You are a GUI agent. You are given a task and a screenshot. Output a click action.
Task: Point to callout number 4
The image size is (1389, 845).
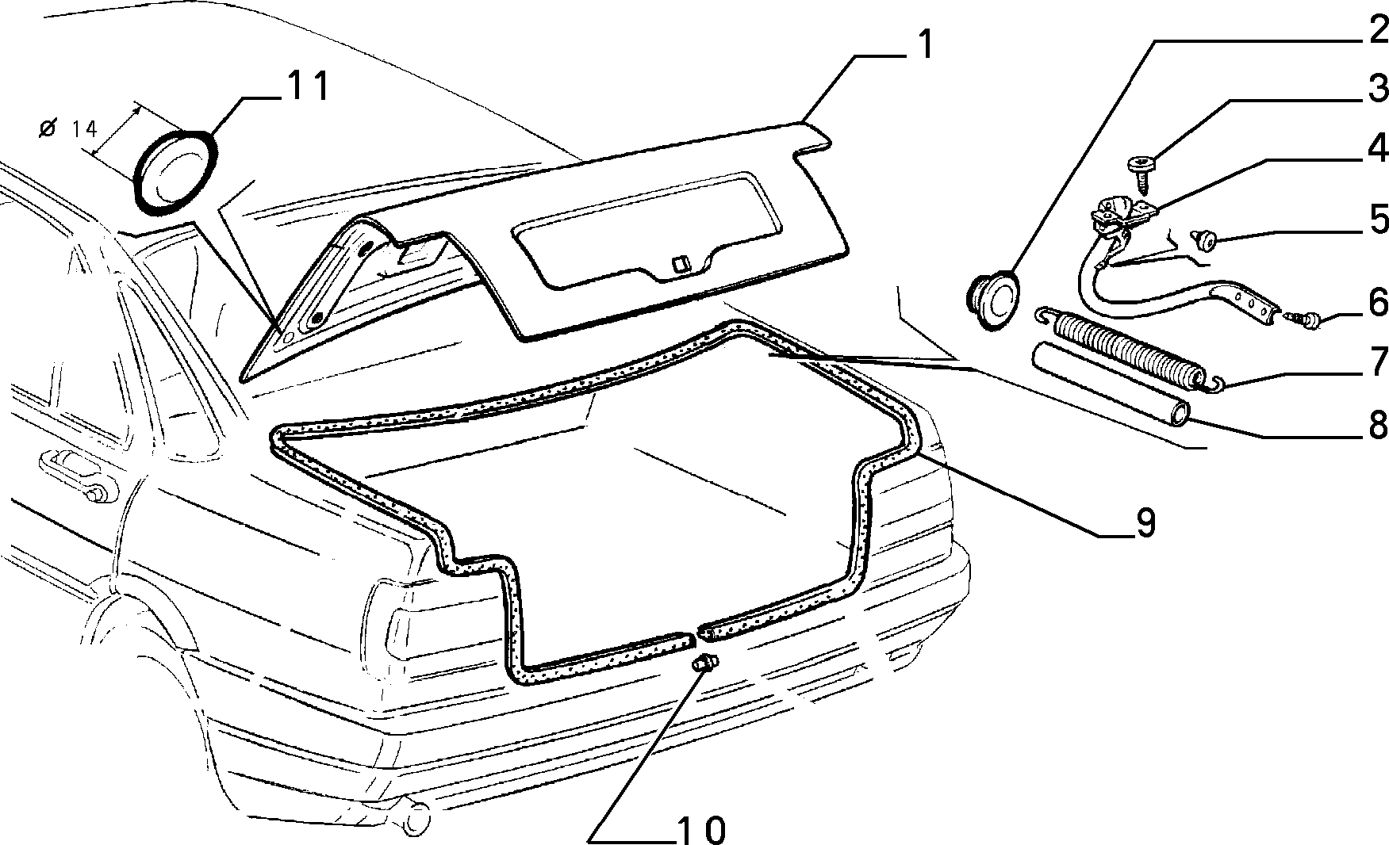1376,148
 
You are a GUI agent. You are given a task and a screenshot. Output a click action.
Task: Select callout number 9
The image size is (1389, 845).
1145,523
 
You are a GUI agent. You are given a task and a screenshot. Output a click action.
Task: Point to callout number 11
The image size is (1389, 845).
307,87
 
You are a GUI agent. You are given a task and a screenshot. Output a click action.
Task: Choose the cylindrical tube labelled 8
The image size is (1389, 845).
1111,384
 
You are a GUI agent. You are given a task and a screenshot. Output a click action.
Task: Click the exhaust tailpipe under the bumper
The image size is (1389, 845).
414,817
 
